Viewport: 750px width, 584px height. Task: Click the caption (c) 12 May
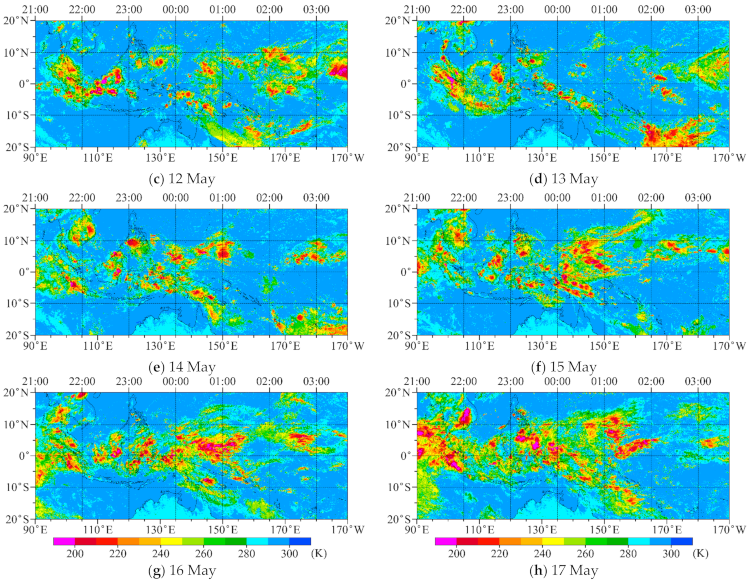click(182, 179)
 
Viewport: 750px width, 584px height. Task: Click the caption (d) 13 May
click(564, 179)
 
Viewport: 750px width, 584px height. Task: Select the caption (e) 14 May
click(182, 367)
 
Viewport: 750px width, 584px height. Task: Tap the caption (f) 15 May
click(564, 367)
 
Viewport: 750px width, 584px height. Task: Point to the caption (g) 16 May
click(182, 571)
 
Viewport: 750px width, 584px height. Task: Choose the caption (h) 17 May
click(564, 571)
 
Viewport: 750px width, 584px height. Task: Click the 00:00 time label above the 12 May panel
click(176, 9)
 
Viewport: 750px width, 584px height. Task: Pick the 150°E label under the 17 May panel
click(604, 530)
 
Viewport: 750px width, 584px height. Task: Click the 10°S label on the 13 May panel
click(399, 115)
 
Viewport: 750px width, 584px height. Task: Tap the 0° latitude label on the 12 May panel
click(24, 84)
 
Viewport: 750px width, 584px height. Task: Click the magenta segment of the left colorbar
click(64, 542)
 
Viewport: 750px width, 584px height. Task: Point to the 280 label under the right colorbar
click(628, 554)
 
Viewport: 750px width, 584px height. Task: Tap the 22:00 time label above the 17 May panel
click(463, 381)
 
